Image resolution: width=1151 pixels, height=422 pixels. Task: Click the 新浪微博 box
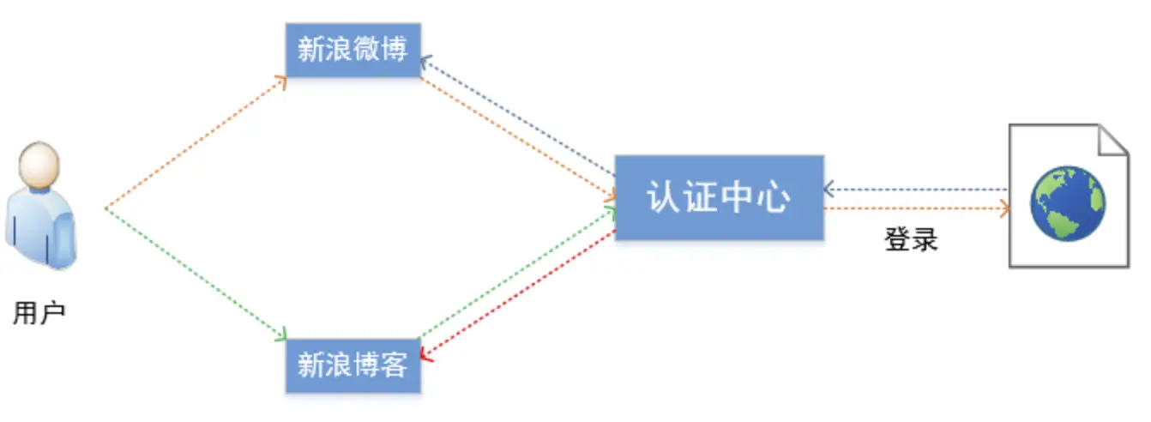[x=353, y=50]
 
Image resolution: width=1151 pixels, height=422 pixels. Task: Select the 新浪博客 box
[x=353, y=366]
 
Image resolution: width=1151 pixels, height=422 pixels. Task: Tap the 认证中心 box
[x=719, y=198]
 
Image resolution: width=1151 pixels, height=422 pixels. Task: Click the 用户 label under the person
[x=39, y=314]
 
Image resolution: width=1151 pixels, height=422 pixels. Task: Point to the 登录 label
[x=911, y=239]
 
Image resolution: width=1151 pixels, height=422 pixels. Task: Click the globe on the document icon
[x=1068, y=202]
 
